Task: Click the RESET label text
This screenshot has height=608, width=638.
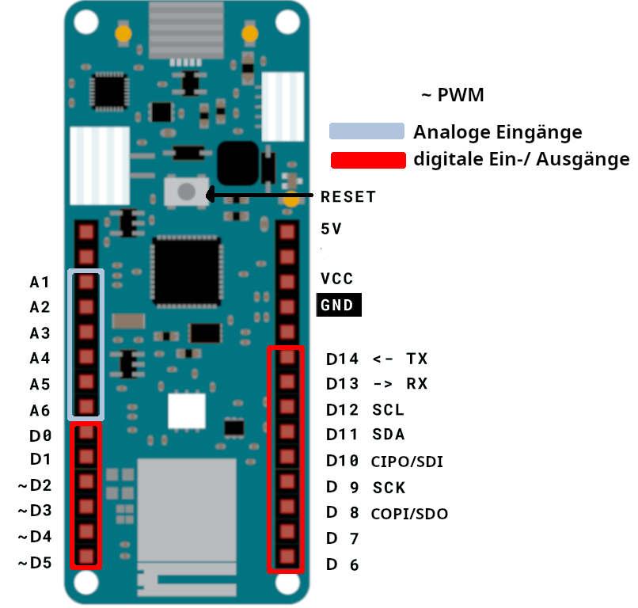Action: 347,197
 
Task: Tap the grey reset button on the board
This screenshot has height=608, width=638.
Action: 186,192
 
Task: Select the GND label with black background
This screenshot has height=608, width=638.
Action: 339,305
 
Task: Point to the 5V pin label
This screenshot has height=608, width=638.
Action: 332,229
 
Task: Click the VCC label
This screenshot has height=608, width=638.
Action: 337,279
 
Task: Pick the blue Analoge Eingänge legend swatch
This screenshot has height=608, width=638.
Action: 366,131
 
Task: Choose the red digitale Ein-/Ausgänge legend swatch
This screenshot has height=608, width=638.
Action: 366,160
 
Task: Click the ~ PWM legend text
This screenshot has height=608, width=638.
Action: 452,95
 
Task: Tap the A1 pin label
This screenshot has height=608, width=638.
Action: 40,282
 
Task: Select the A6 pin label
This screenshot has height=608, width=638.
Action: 40,410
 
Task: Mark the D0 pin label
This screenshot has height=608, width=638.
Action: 40,435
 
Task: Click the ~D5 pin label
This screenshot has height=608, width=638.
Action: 35,564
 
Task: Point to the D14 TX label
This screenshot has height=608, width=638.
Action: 377,359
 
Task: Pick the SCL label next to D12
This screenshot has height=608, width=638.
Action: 388,410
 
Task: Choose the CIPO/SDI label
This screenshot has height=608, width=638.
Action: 407,462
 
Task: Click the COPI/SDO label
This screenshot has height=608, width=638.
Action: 409,514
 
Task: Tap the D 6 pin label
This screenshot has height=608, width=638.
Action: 343,564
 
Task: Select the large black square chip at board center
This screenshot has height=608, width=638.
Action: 186,272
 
